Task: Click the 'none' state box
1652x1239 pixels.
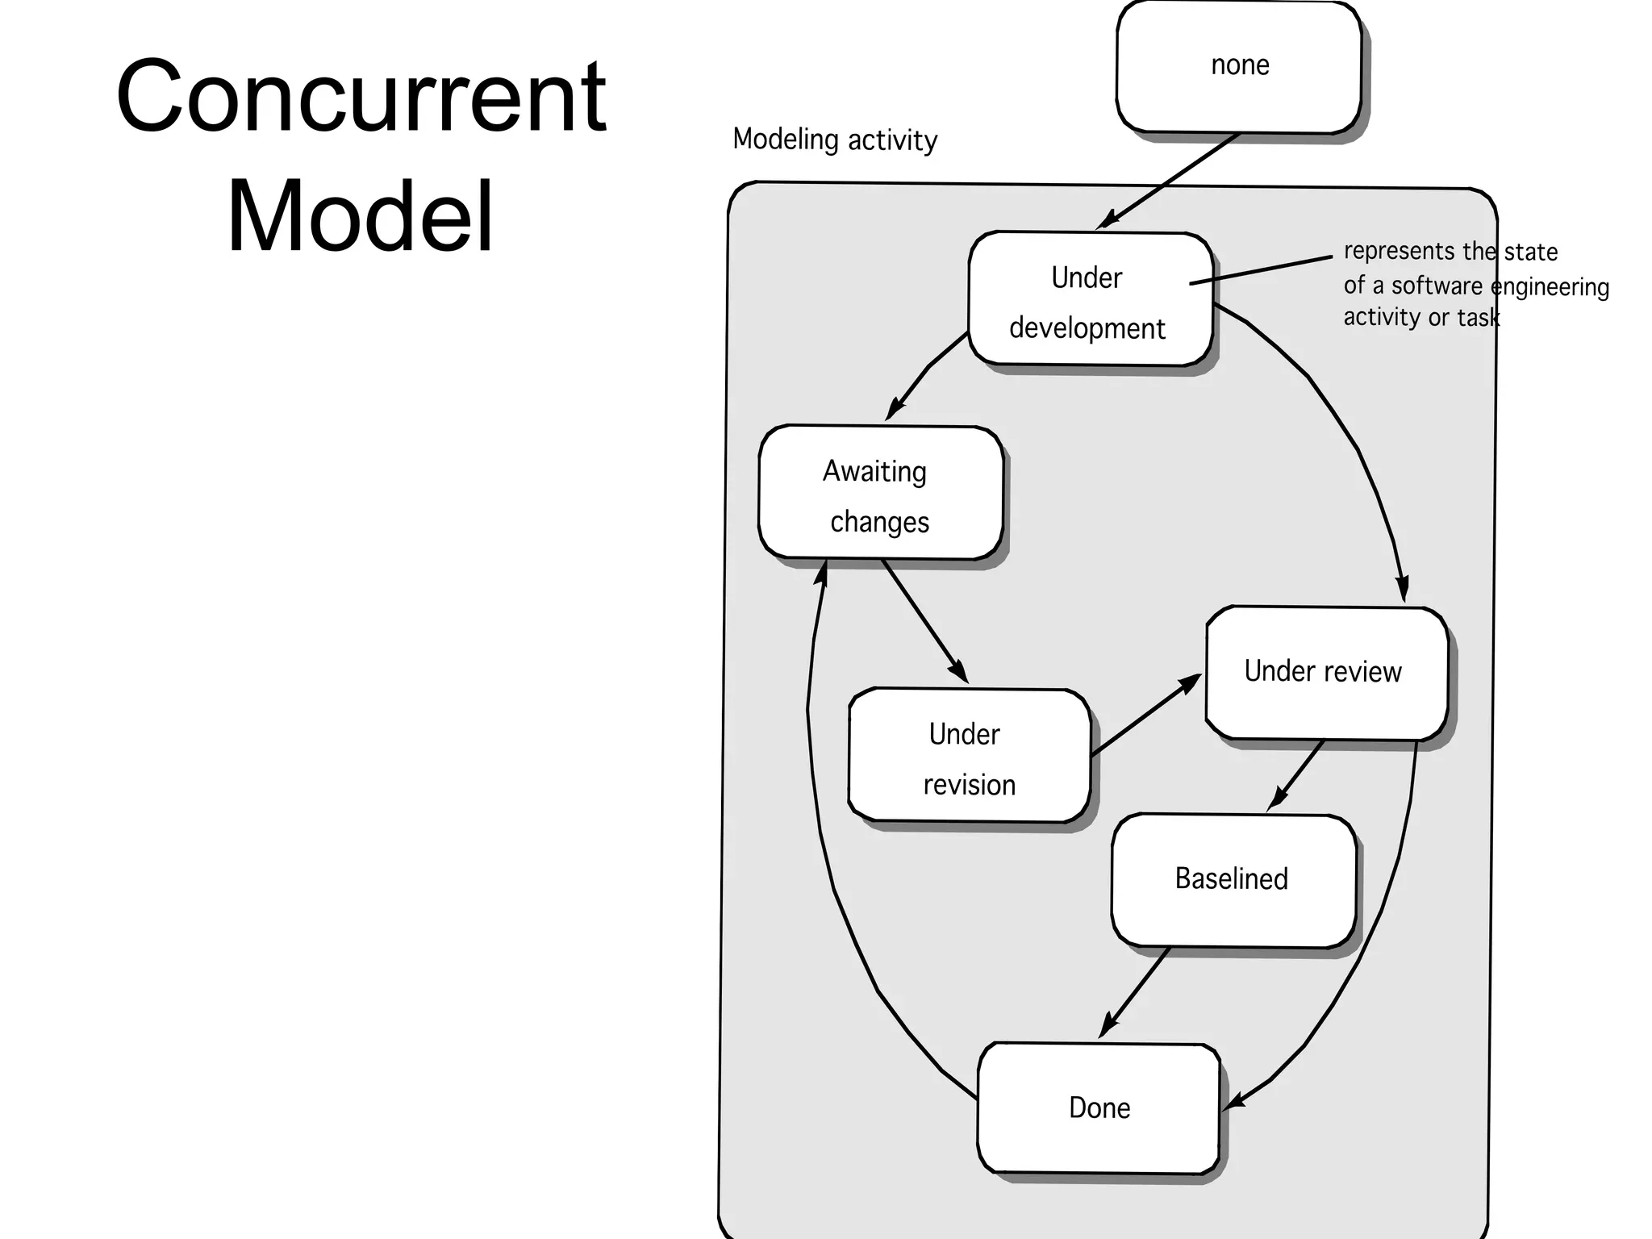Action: coord(1239,66)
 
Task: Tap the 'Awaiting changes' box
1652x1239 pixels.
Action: coord(880,493)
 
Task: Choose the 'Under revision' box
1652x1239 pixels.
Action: coord(968,756)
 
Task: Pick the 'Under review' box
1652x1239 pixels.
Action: coord(1325,673)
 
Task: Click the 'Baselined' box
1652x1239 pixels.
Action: coord(1232,880)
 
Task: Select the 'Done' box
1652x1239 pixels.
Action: coord(1098,1108)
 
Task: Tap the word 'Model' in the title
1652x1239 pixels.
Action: coord(361,216)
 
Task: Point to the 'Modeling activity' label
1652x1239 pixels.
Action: coord(835,140)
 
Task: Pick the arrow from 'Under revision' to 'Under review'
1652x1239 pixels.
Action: coord(1145,715)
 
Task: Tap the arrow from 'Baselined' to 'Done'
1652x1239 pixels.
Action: coord(1135,993)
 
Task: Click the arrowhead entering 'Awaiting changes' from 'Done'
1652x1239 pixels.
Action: coord(822,572)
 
